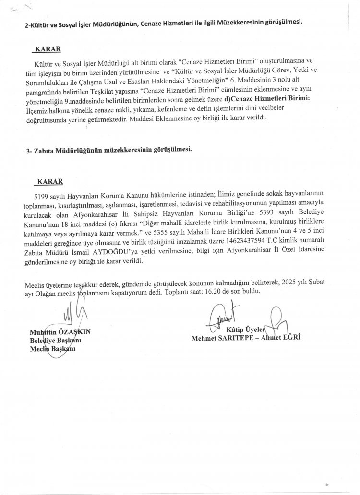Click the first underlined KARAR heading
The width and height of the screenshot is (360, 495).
tap(47, 49)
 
